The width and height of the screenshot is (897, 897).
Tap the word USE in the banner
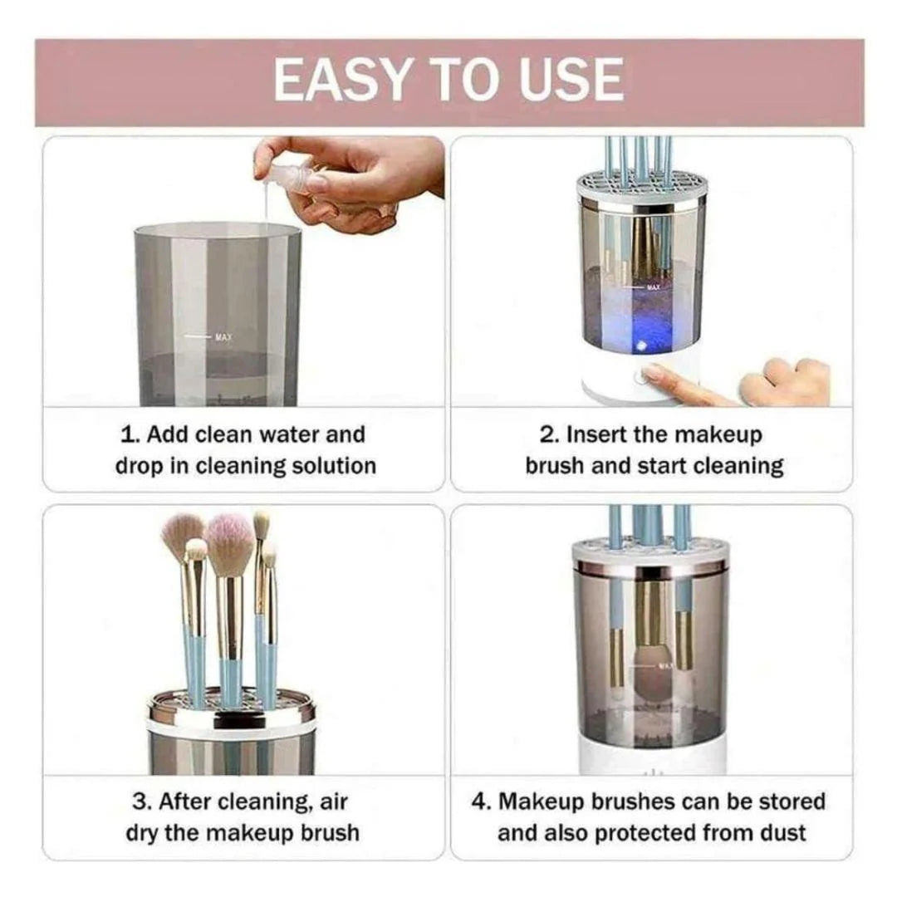point(571,80)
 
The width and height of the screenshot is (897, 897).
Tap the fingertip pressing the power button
point(652,374)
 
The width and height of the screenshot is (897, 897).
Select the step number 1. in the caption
point(130,434)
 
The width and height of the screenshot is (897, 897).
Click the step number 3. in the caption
point(141,801)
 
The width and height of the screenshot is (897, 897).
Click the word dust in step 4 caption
point(782,833)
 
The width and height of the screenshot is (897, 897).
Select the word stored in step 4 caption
point(792,801)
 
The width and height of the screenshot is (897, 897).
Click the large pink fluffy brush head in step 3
point(230,543)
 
